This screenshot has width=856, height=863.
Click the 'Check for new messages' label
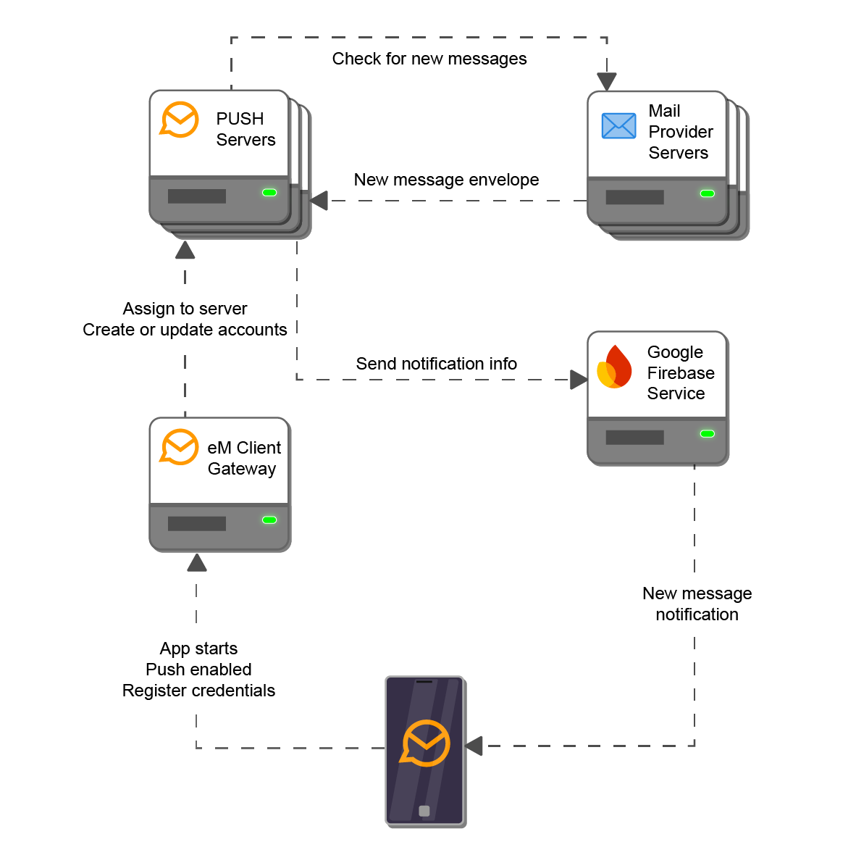click(429, 59)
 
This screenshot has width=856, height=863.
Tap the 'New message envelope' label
click(446, 180)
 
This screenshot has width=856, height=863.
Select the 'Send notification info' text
click(436, 364)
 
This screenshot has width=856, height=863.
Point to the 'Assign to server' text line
click(185, 309)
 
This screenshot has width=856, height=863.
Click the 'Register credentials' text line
click(198, 691)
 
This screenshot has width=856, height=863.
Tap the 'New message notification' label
click(697, 604)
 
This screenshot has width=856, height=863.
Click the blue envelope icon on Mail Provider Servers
click(619, 126)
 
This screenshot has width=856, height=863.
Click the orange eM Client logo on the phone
click(425, 743)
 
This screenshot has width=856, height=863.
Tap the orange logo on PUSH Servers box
click(179, 120)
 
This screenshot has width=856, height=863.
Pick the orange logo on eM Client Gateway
click(179, 447)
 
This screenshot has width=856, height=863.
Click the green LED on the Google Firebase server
click(708, 433)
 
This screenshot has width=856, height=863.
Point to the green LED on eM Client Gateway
click(269, 520)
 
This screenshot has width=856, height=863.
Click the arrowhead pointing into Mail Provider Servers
click(607, 82)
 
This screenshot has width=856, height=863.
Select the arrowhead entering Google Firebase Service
click(579, 379)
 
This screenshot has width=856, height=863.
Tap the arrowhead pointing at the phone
click(474, 746)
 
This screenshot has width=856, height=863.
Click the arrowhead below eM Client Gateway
click(196, 563)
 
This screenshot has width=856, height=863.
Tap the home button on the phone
click(424, 811)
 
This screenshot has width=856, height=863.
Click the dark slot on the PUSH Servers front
click(197, 196)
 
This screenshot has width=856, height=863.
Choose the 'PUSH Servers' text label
click(246, 129)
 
